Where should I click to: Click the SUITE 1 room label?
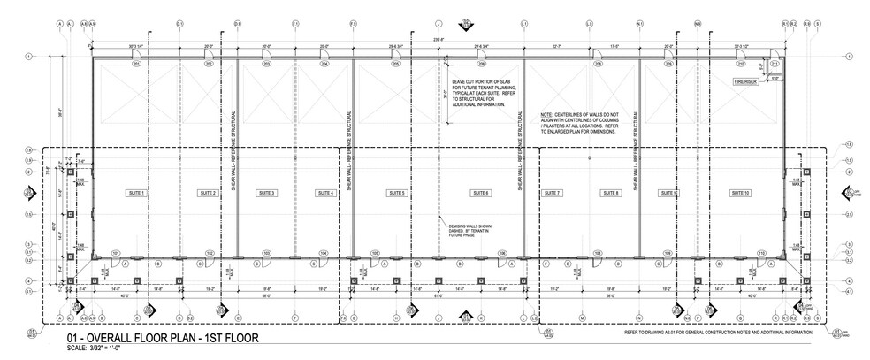(136, 193)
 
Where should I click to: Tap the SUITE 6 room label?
(481, 193)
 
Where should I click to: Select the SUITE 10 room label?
(740, 193)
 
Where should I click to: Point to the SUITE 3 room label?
(267, 193)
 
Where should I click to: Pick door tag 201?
(137, 65)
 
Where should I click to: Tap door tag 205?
(397, 65)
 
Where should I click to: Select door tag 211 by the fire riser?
(775, 65)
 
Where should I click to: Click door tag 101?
(115, 253)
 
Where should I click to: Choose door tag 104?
(324, 253)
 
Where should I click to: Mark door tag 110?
(760, 253)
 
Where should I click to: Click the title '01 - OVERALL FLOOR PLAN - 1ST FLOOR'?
(162, 339)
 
